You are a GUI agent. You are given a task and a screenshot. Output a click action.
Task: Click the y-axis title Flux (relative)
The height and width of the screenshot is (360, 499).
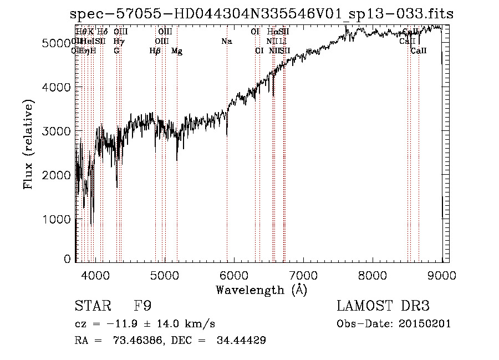[28, 144]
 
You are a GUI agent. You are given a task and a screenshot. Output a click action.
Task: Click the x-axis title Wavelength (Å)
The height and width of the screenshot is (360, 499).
[261, 290]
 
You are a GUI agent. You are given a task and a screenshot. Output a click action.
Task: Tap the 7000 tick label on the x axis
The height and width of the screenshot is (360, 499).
[303, 275]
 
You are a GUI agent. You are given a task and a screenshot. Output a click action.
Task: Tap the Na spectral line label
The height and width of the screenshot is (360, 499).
[226, 42]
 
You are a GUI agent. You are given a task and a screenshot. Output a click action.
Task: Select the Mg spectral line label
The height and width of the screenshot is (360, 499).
[177, 51]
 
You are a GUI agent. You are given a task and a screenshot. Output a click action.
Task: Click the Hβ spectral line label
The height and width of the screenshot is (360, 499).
[155, 51]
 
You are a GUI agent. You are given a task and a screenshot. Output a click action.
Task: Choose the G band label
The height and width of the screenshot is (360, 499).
[116, 51]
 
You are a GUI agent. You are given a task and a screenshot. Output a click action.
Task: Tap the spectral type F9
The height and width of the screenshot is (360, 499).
[142, 306]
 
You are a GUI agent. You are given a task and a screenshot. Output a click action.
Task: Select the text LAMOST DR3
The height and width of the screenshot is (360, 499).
[383, 306]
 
